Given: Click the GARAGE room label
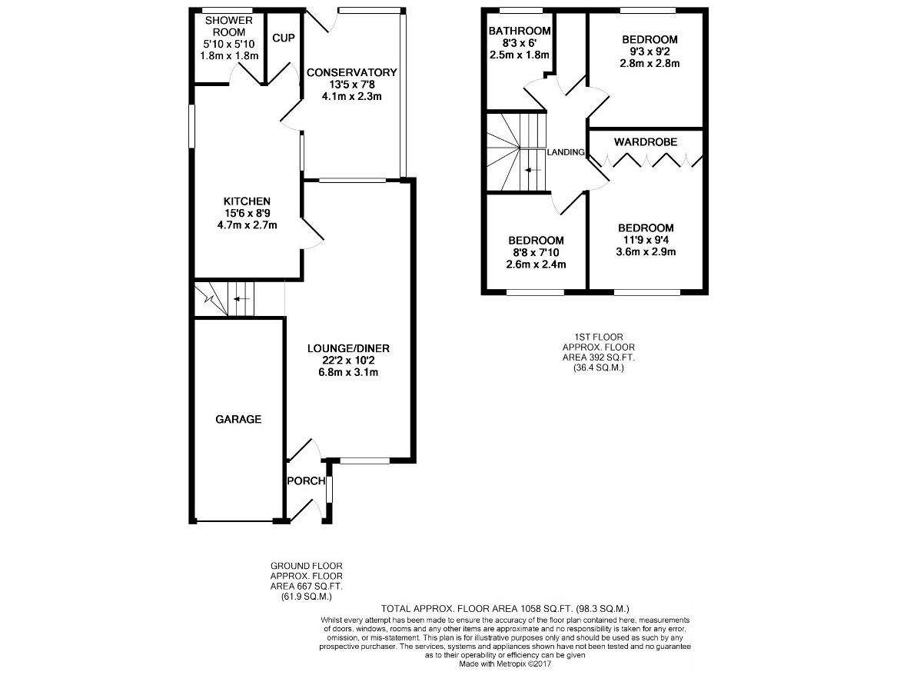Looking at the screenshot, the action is pos(238,419).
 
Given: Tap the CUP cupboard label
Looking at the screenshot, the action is pos(284,38).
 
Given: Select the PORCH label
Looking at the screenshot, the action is pos(306,480).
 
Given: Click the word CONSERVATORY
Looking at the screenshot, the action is pos(352,73).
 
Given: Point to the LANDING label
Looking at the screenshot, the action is pos(566,152).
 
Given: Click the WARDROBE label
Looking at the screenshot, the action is pos(646,142).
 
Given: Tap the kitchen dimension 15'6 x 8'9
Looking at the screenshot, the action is pos(247,214).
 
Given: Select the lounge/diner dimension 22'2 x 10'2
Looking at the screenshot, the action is pos(348,361).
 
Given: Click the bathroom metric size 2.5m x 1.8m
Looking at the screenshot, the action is pos(519,55).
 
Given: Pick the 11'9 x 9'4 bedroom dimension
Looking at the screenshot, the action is pos(646,239).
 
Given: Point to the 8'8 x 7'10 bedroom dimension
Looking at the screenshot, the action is pos(537,253).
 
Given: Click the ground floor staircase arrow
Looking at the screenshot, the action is pos(241,299).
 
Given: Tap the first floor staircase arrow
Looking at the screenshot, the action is pos(533,170).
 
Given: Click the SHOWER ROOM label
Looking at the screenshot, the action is pos(229,27).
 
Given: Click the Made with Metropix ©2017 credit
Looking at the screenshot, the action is pos(505,664).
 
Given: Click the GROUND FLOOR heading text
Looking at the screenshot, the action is pos(307,566).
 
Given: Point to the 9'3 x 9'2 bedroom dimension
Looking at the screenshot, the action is pos(650,52).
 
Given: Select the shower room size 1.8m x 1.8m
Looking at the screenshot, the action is pos(229,56).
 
